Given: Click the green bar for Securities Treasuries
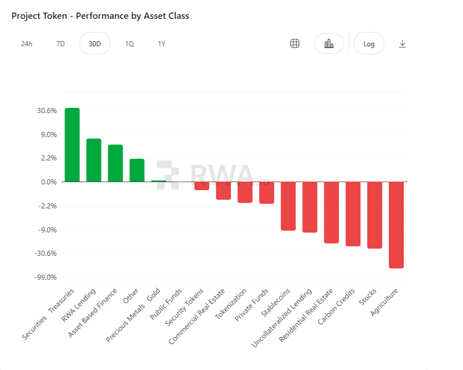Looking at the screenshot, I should click(x=72, y=144).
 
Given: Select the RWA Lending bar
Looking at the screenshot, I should click(x=94, y=160).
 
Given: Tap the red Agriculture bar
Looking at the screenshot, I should click(x=396, y=224).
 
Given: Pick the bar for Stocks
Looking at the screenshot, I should click(x=375, y=215).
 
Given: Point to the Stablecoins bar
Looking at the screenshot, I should click(x=288, y=206).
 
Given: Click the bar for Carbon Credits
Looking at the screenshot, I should click(x=353, y=214).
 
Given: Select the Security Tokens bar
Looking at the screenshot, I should click(x=202, y=186).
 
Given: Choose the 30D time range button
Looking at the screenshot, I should click(x=95, y=44).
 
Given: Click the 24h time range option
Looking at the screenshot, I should click(x=27, y=44).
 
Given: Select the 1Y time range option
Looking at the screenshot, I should click(x=162, y=44).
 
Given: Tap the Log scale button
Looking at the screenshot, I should click(x=369, y=44).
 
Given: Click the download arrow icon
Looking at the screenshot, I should click(x=403, y=44).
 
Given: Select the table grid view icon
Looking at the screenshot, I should click(x=295, y=44).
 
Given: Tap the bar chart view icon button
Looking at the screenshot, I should click(x=329, y=44).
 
